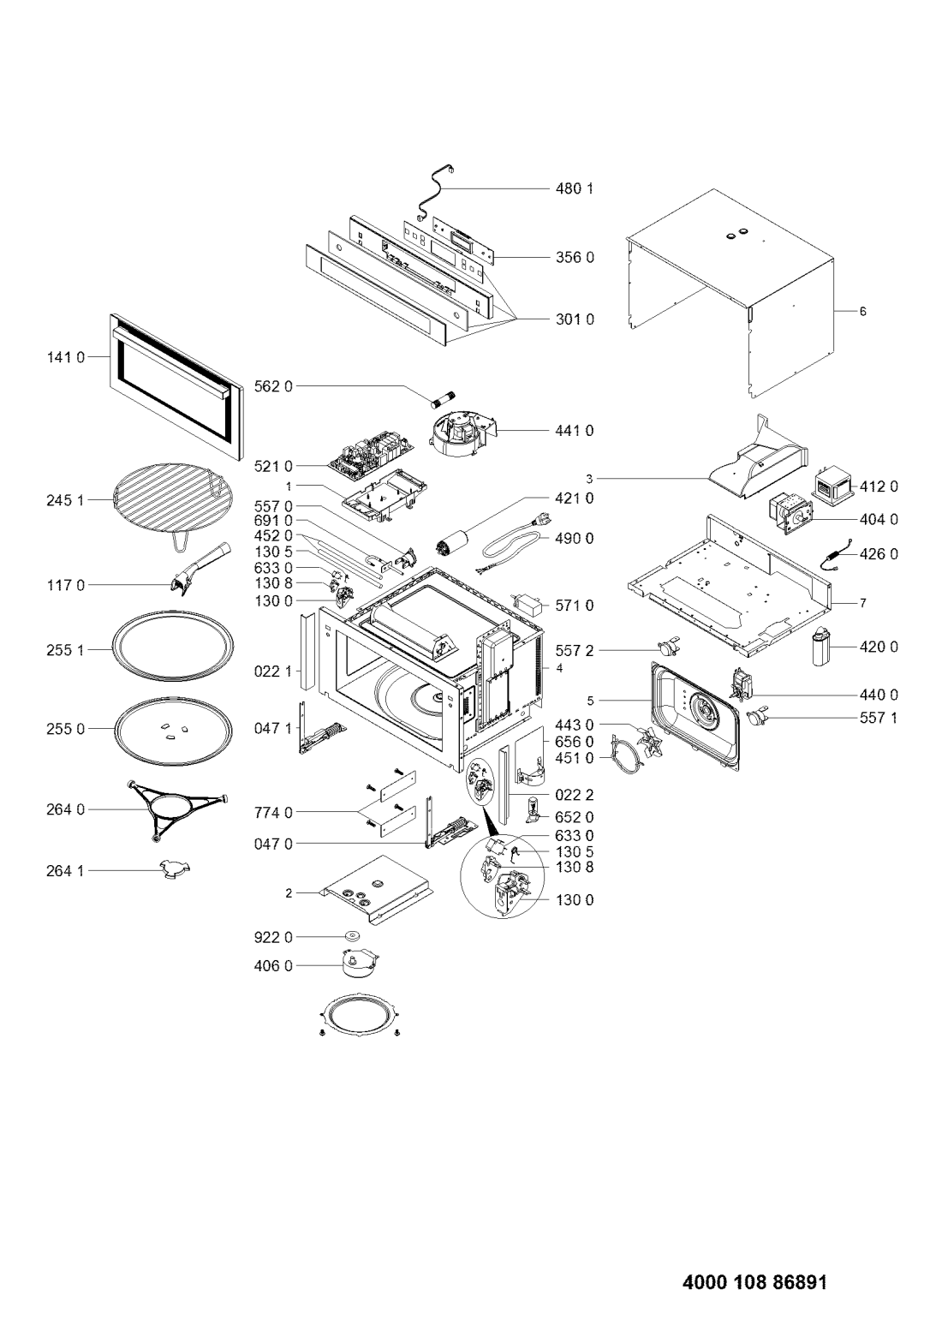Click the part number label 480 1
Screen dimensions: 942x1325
(574, 188)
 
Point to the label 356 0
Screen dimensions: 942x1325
(574, 257)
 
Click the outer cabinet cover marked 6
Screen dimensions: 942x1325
(730, 294)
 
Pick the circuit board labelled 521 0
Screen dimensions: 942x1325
(370, 459)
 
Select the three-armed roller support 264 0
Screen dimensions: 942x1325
(176, 809)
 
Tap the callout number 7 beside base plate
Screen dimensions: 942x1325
(863, 603)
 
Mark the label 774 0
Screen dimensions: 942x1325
(272, 813)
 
